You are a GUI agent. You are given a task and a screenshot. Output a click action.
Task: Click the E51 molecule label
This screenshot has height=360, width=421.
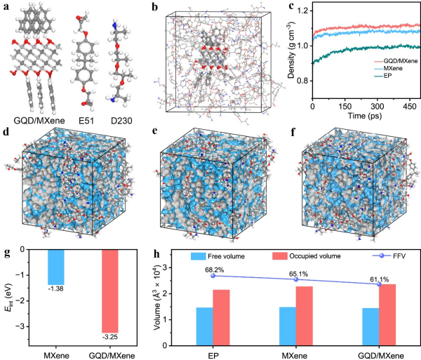pyautogui.click(x=86, y=121)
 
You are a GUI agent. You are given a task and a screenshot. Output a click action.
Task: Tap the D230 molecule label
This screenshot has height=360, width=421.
pyautogui.click(x=121, y=121)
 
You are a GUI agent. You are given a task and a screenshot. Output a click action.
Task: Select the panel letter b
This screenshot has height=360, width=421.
pyautogui.click(x=155, y=7)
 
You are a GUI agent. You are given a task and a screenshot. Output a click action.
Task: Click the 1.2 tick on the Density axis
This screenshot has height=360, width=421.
pyautogui.click(x=302, y=11)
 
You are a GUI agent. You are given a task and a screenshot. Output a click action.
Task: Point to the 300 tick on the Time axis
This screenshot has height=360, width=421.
pyautogui.click(x=377, y=106)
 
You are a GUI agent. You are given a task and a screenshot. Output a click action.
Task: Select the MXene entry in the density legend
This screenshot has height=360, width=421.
pyautogui.click(x=388, y=69)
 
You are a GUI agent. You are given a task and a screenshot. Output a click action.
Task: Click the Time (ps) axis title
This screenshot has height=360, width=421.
pyautogui.click(x=365, y=116)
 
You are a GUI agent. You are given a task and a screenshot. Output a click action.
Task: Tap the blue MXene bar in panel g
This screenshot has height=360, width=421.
pyautogui.click(x=56, y=267)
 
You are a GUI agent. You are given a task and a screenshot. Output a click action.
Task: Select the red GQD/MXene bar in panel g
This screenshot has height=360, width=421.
pyautogui.click(x=110, y=291)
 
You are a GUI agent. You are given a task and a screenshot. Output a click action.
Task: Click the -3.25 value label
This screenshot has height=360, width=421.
pyautogui.click(x=110, y=337)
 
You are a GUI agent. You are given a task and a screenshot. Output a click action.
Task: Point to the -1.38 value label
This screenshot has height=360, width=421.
pyautogui.click(x=56, y=289)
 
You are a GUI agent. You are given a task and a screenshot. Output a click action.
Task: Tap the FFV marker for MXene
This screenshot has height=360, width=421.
pyautogui.click(x=296, y=279)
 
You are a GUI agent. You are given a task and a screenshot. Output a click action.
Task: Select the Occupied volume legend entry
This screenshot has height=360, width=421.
pyautogui.click(x=307, y=256)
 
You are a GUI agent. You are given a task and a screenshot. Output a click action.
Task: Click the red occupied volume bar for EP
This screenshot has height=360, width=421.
pyautogui.click(x=221, y=318)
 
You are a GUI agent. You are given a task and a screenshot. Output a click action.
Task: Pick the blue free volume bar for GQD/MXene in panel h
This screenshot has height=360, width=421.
pyautogui.click(x=370, y=327)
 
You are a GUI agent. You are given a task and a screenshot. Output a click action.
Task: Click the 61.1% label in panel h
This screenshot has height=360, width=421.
pyautogui.click(x=380, y=280)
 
